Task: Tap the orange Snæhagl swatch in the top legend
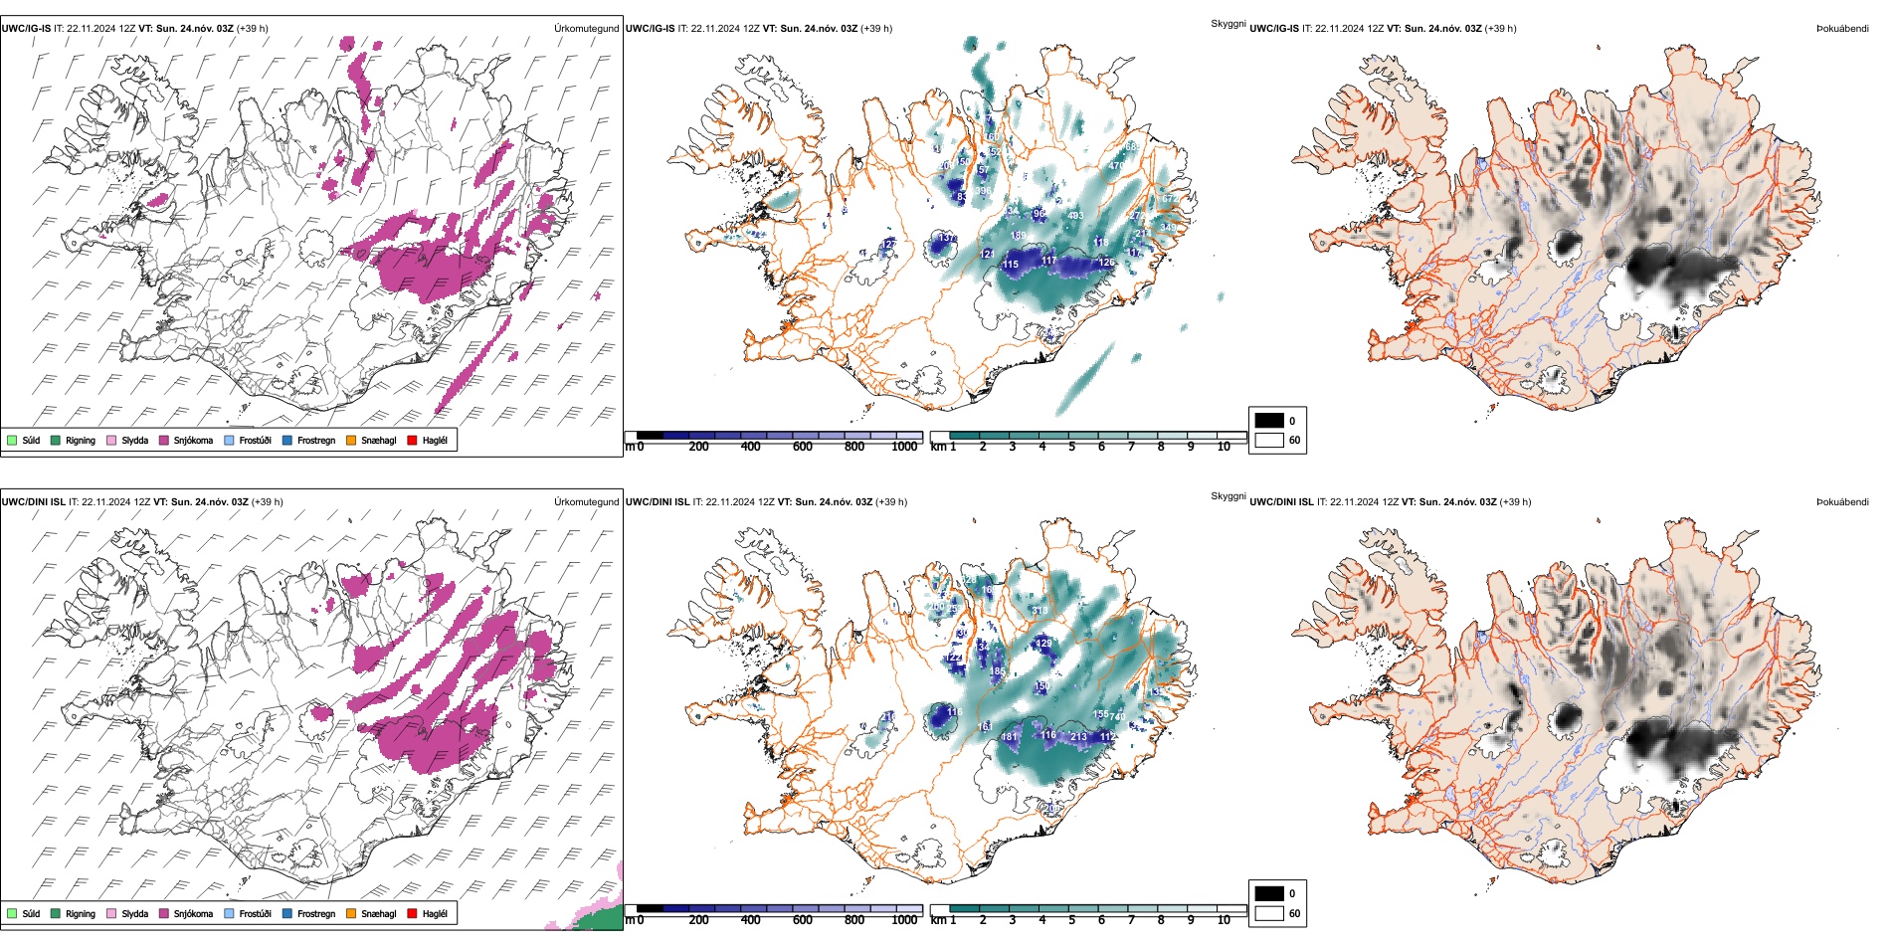point(351,440)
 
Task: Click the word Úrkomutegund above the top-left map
point(586,29)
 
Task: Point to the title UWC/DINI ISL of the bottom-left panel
point(33,502)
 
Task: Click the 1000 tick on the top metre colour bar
point(904,447)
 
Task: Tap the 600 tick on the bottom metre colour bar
point(803,920)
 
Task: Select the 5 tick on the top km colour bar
point(1072,447)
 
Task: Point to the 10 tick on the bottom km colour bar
point(1224,920)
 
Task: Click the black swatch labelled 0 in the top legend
point(1269,421)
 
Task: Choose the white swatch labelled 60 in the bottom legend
point(1269,913)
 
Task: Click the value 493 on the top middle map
point(1075,216)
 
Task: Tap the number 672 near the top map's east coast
point(1169,199)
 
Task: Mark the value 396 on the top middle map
point(984,191)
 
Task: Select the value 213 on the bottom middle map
point(1079,737)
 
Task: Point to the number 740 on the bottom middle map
point(1117,716)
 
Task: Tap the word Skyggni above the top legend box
point(1228,24)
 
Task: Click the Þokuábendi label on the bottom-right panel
point(1842,502)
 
